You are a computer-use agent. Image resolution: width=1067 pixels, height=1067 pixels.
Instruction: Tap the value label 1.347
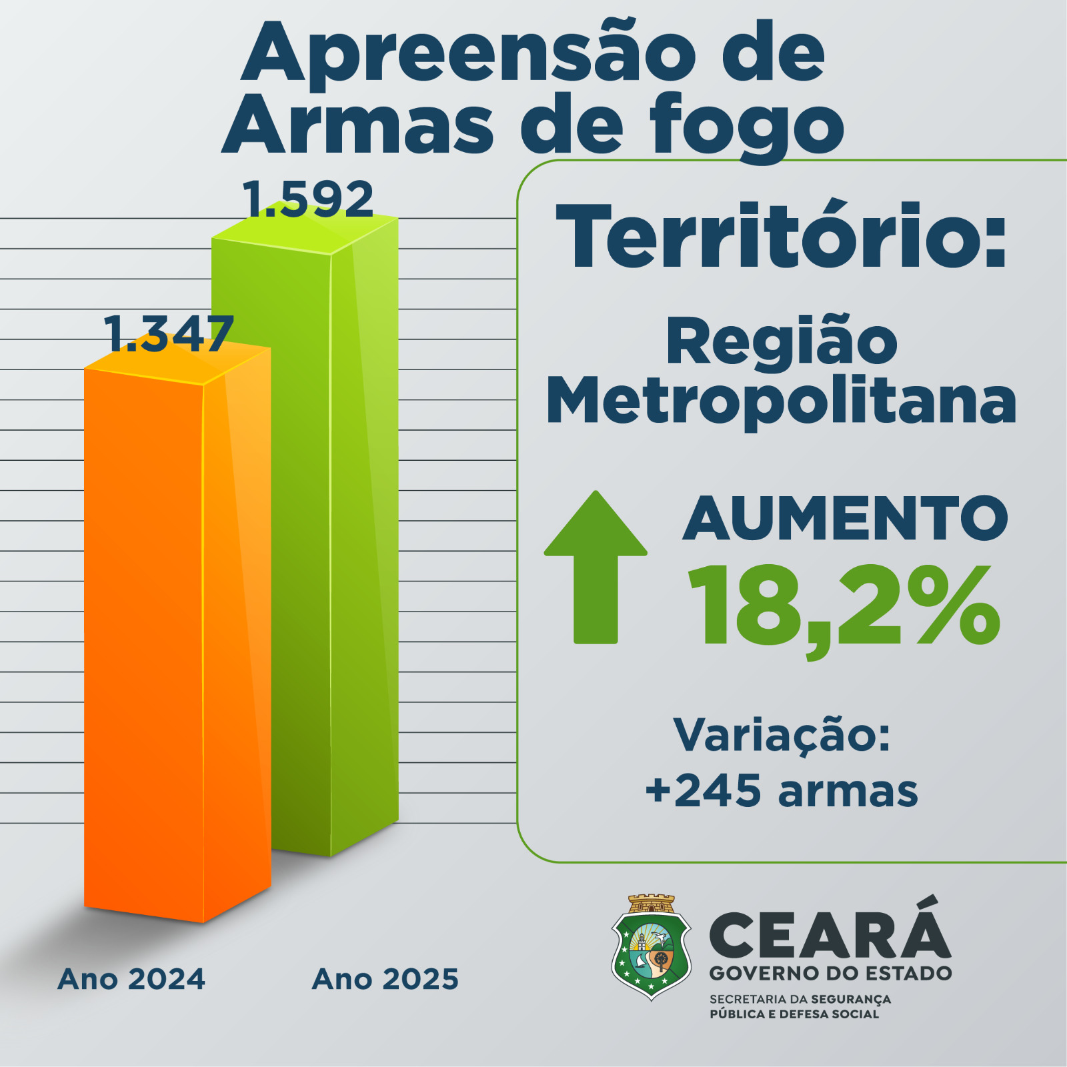pos(168,333)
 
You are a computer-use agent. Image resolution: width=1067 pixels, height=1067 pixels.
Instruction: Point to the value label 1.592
pos(307,199)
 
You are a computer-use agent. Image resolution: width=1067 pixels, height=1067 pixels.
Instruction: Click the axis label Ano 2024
pos(131,979)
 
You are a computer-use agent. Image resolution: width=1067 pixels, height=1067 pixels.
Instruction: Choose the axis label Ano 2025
pos(385,979)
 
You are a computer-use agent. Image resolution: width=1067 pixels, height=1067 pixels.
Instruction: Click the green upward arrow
pos(596,567)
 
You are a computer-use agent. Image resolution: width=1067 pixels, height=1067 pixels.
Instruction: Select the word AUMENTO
pos(845,519)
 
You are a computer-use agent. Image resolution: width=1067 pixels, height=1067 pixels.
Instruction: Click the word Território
pos(774,237)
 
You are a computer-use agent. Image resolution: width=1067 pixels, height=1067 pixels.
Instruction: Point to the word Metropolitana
pos(782,401)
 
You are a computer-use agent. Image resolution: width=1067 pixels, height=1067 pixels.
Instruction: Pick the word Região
pos(782,341)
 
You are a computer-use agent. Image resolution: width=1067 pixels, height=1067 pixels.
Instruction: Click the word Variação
pos(782,735)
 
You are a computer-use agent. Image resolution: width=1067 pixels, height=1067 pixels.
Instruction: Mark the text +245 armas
pos(782,792)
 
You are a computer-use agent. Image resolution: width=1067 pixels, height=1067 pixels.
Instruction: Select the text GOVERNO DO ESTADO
pos(830,973)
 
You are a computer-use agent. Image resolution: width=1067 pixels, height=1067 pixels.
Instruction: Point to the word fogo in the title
pos(747,125)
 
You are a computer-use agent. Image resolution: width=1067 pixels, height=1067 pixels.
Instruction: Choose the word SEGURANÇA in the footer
pos(850,999)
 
